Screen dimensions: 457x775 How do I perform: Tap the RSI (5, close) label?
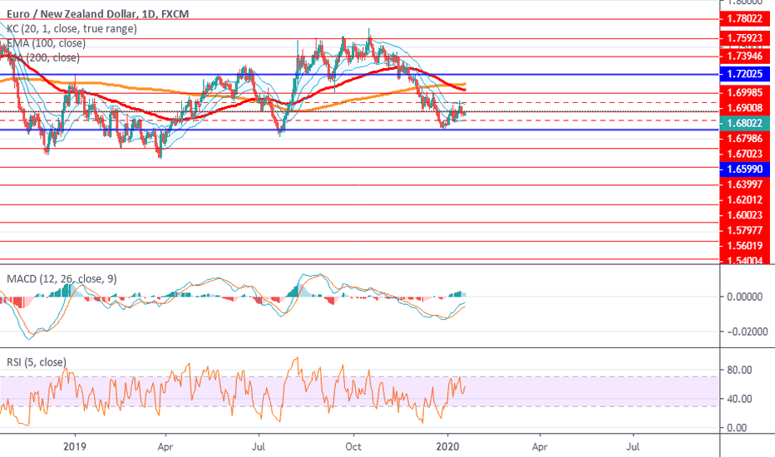[36, 362]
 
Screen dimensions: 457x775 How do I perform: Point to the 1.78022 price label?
[745, 19]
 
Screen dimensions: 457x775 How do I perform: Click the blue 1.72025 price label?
[745, 74]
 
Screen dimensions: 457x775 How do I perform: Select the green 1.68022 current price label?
[745, 122]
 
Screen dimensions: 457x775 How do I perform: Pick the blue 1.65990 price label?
[745, 169]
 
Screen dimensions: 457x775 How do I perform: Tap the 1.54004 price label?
[745, 261]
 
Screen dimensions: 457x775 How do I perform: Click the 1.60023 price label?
[745, 214]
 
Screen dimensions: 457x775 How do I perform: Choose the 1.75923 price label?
[745, 37]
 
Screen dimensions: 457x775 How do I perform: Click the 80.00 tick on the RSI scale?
[740, 370]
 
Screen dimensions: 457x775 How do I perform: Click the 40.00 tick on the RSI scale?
[740, 399]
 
